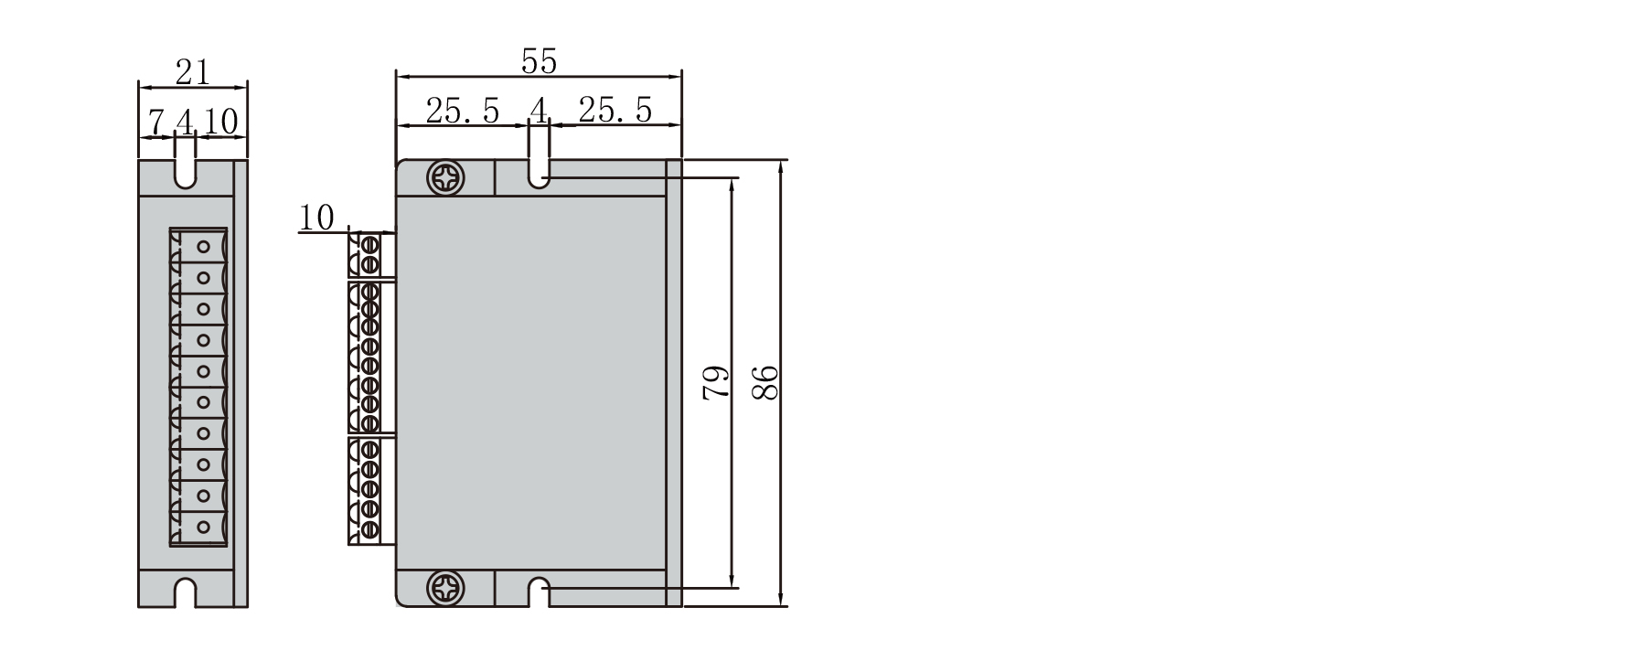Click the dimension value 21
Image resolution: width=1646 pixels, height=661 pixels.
coord(192,71)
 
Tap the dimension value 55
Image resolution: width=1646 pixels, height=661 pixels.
coord(539,60)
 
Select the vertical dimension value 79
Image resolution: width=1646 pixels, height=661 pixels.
coord(716,381)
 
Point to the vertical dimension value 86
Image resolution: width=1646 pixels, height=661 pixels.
coord(765,381)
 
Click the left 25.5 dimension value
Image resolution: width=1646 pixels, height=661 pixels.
coord(463,111)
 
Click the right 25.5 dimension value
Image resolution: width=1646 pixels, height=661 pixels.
coord(615,110)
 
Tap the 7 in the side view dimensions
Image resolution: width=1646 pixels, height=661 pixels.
coord(156,122)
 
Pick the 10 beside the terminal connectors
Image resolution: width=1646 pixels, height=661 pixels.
coord(316,218)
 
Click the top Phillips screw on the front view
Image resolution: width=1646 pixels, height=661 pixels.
coord(447,177)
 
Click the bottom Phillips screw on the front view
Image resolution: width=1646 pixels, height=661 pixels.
coord(447,587)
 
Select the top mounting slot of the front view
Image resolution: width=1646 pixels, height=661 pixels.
coord(540,174)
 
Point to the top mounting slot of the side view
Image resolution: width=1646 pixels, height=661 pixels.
coord(186,173)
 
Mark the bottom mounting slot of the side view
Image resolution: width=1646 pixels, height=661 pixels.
coord(186,592)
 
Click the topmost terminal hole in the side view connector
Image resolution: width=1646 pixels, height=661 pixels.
coord(204,246)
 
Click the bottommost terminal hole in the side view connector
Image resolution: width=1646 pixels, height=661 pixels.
coord(204,527)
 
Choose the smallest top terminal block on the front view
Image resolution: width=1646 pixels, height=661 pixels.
coord(366,254)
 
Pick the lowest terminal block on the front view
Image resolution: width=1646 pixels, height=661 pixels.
coord(365,491)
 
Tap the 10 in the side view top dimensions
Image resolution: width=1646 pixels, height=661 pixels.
coord(220,121)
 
